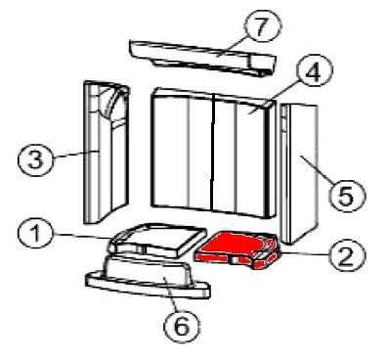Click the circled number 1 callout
point(35,234)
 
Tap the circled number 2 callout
point(348,256)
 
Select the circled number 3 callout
point(35,159)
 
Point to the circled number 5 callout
point(346,196)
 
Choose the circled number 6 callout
point(182,326)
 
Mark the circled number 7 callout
point(262,26)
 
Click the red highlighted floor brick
point(237,249)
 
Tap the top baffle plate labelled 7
point(202,58)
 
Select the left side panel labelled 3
point(107,152)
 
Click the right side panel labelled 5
point(299,174)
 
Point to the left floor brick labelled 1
point(158,240)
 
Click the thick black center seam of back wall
point(213,152)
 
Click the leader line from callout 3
point(74,154)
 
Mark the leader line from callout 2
point(304,252)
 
